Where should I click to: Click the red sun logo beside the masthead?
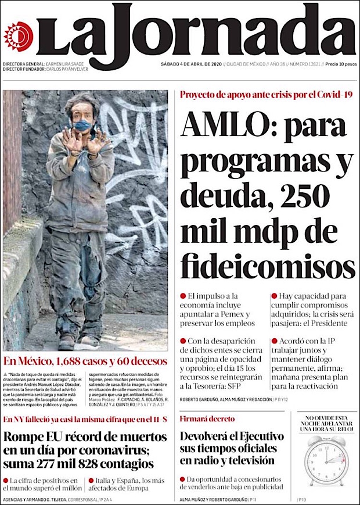pos(17,35)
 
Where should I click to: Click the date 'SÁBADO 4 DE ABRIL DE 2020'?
pos(191,64)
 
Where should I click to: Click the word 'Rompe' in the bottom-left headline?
pos(27,437)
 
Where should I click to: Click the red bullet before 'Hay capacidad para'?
pos(273,296)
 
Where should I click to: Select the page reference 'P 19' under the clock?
pos(303,499)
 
